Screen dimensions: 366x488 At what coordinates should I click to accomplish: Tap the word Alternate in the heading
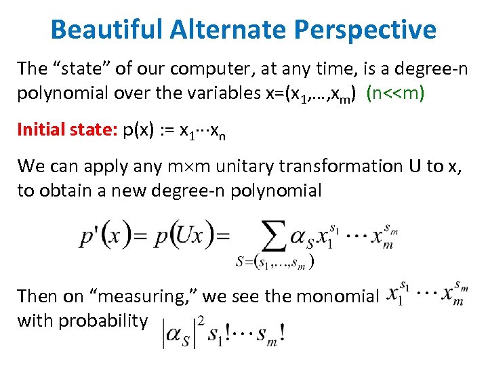pos(224,29)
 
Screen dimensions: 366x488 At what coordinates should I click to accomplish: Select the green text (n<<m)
pos(395,93)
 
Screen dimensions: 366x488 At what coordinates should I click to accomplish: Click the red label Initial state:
pos(66,129)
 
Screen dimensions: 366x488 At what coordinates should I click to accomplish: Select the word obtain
pos(68,190)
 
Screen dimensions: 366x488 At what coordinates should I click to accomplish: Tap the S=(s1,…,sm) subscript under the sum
pos(274,262)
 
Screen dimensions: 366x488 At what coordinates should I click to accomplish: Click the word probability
pos(103,321)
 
